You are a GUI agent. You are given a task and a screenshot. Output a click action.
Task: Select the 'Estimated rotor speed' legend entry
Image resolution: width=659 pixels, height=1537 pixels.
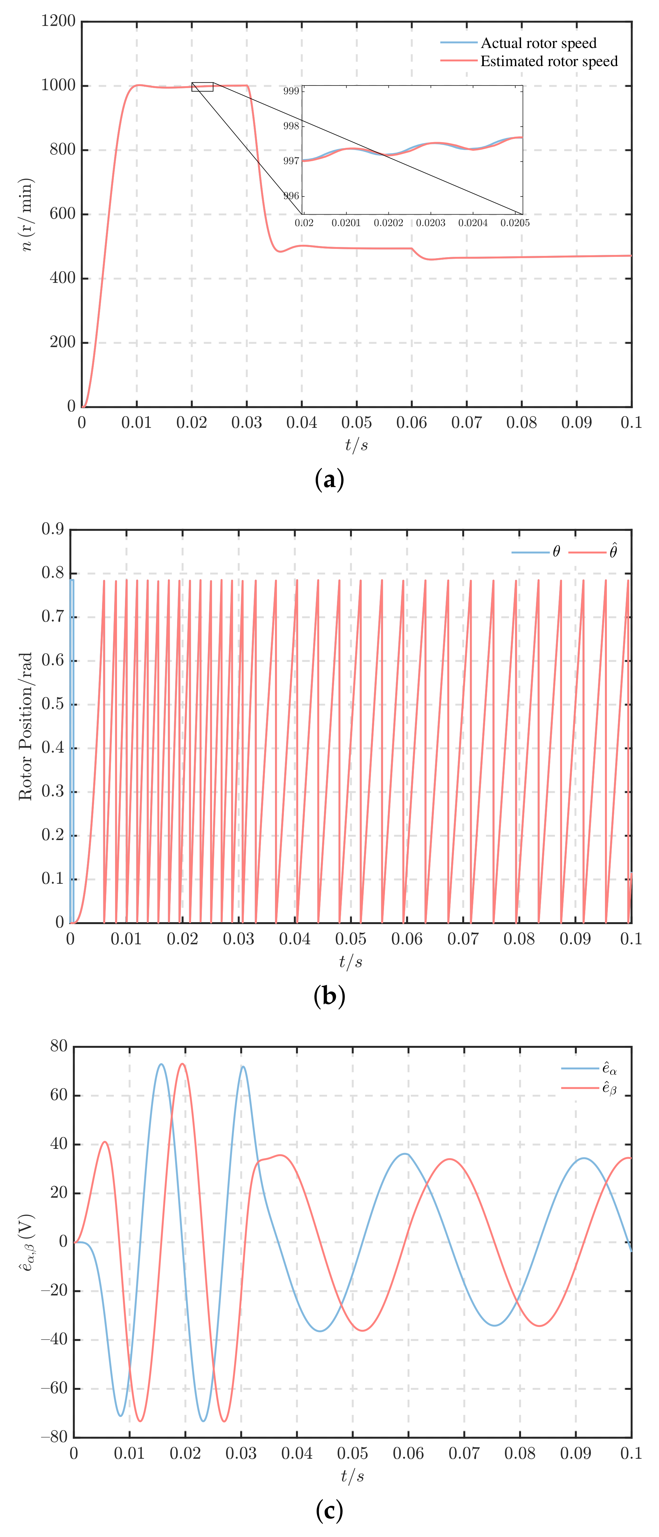[549, 61]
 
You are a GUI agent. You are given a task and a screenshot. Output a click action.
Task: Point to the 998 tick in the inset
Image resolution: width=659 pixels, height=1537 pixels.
[291, 126]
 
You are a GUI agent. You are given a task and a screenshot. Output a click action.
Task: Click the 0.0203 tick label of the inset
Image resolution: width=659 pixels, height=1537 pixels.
[430, 223]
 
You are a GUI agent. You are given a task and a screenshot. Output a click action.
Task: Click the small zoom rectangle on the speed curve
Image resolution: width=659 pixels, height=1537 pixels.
[203, 87]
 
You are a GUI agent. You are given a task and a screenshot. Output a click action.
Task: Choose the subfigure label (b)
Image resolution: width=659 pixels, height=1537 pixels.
[329, 996]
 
